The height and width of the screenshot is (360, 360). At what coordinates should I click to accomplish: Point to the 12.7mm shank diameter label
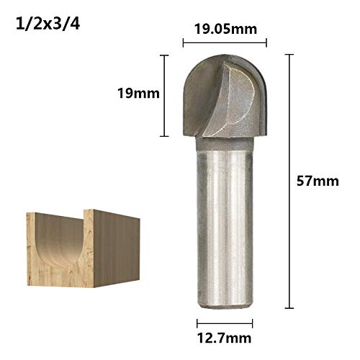pyautogui.click(x=225, y=336)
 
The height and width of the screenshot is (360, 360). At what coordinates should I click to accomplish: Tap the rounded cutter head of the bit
pyautogui.click(x=225, y=97)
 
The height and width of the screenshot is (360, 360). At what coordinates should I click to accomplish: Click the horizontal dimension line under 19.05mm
pyautogui.click(x=225, y=42)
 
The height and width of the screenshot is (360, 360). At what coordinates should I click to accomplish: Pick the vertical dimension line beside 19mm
pyautogui.click(x=167, y=94)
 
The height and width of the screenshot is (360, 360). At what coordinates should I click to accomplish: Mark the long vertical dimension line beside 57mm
pyautogui.click(x=290, y=180)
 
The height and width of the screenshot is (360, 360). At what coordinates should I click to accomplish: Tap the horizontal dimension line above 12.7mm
pyautogui.click(x=225, y=321)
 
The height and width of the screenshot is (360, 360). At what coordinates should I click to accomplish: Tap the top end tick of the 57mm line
pyautogui.click(x=290, y=55)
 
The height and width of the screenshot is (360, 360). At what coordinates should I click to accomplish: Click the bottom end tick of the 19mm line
pyautogui.click(x=167, y=135)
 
